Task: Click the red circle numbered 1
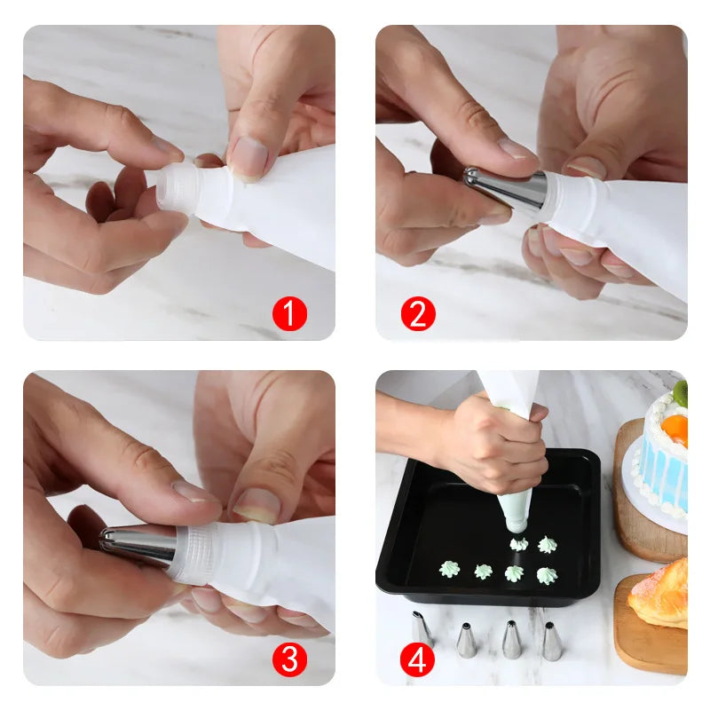point(289,314)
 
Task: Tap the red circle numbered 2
point(418,314)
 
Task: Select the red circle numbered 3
point(289,659)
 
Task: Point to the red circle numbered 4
point(418,659)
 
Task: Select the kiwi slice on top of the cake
point(680,392)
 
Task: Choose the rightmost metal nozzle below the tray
point(551,641)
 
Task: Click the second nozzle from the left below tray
point(466,640)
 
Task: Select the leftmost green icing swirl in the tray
point(449,569)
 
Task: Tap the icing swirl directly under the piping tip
point(518,543)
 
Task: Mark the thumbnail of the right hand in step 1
point(248,159)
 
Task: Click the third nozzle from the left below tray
point(511,639)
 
